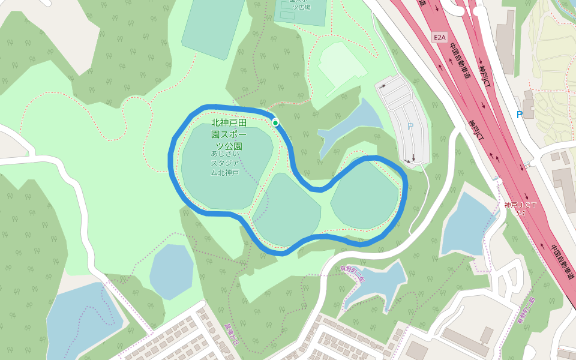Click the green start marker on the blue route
[275, 122]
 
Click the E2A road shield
[440, 37]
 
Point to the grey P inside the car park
[410, 127]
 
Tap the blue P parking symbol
[520, 115]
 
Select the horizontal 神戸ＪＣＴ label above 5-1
[520, 205]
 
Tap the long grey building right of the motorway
[505, 42]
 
